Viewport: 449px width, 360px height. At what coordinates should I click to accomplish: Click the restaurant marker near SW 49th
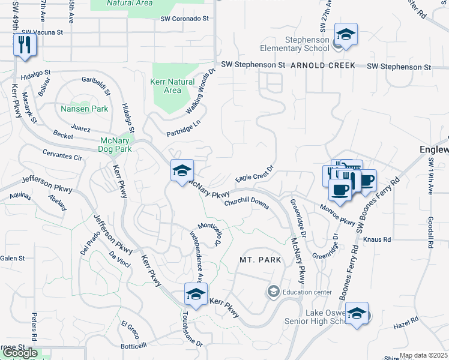25,45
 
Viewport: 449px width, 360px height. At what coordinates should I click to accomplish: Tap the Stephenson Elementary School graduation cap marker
346,34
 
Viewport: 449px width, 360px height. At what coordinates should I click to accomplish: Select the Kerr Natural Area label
172,86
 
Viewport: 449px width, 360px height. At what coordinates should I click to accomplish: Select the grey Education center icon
273,292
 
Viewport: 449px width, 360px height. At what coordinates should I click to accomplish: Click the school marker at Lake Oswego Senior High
357,314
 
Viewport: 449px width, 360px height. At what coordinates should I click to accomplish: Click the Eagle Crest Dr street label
254,175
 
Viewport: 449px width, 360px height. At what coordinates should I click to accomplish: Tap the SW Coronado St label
184,19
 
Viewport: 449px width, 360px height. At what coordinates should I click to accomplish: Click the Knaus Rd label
378,239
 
